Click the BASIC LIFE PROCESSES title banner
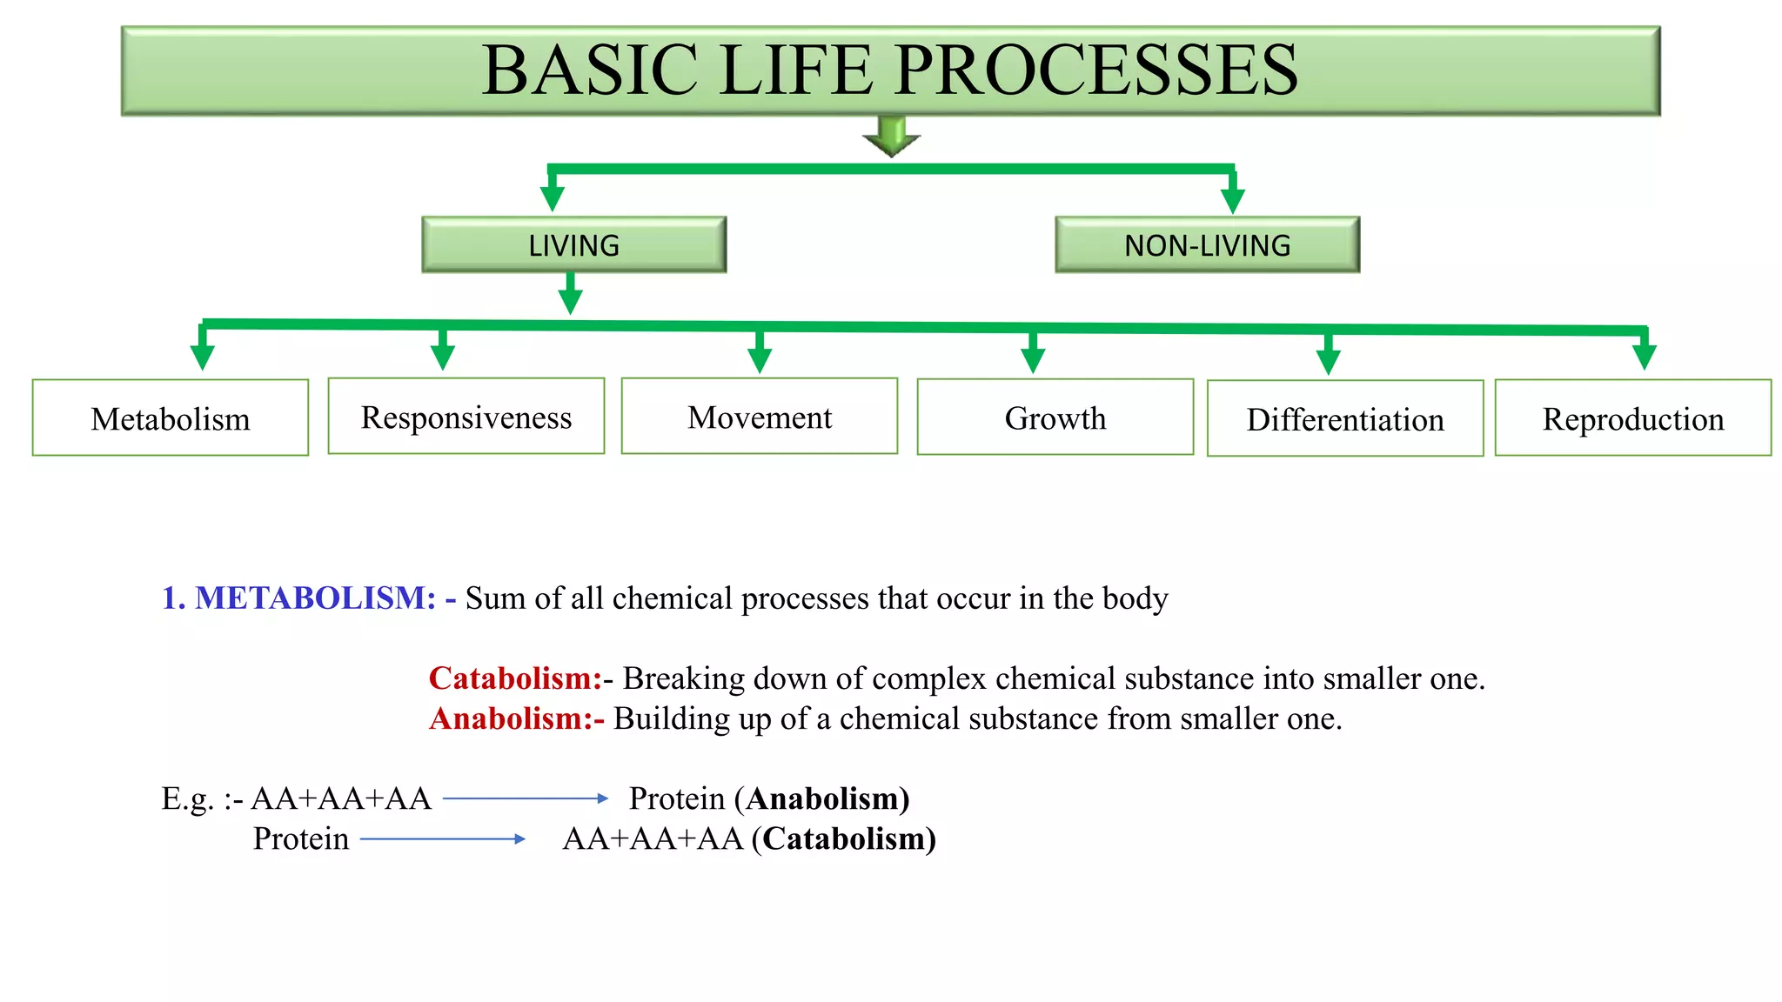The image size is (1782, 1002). (x=890, y=70)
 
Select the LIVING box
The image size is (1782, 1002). (x=574, y=245)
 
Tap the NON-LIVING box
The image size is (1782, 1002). (x=1207, y=245)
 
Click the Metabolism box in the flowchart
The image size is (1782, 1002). (x=171, y=418)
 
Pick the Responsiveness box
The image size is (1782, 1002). (x=466, y=417)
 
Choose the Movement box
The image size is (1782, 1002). (x=760, y=417)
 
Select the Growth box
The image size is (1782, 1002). (x=1055, y=417)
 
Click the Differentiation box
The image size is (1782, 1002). (x=1345, y=419)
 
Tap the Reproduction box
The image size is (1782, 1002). (x=1633, y=418)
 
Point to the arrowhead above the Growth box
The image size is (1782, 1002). (x=1033, y=359)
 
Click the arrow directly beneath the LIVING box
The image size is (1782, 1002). (x=570, y=296)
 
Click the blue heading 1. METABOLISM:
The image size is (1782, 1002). (x=298, y=598)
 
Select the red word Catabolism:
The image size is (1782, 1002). (x=515, y=678)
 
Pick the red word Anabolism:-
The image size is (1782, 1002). (x=516, y=718)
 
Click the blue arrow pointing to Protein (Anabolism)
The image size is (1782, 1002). (x=526, y=798)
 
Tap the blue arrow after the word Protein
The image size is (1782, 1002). (x=442, y=838)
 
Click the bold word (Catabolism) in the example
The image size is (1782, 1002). (x=844, y=838)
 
